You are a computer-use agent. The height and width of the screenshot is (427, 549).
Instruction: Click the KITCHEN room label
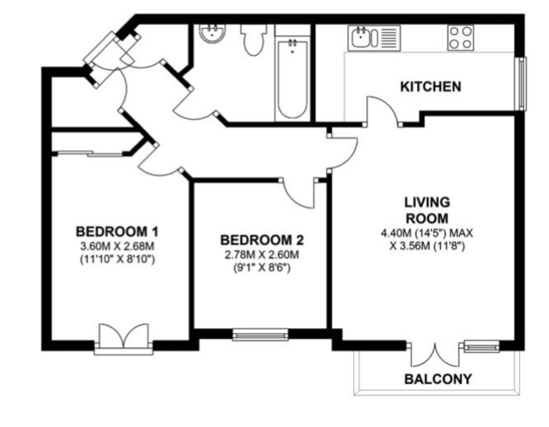[x=431, y=86]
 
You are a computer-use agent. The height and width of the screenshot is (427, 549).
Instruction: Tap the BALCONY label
[x=437, y=379]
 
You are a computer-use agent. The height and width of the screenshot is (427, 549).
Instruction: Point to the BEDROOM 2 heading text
[x=262, y=240]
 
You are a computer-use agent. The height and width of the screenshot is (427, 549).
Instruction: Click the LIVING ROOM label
[x=426, y=209]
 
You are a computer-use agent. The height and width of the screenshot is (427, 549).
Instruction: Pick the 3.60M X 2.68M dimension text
[x=117, y=246]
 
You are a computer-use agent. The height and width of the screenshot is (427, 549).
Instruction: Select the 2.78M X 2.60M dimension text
[x=262, y=255]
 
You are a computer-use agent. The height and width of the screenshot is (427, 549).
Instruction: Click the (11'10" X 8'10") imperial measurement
[x=117, y=261]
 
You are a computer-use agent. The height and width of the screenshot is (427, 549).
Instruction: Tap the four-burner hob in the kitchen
[x=460, y=37]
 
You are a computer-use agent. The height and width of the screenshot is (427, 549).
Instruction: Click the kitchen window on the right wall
[x=521, y=83]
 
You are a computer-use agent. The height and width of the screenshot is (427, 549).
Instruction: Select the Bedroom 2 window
[x=260, y=335]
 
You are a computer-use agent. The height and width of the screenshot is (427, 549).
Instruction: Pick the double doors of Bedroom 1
[x=124, y=338]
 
